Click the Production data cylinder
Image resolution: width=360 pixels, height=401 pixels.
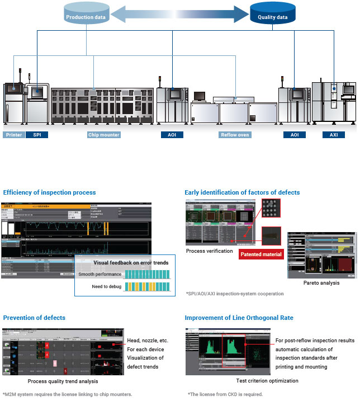tap(87, 16)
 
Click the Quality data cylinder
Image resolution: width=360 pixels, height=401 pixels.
tap(273, 16)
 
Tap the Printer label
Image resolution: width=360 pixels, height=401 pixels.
tap(13, 135)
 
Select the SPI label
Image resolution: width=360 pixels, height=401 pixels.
tap(37, 135)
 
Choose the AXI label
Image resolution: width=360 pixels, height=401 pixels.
tap(334, 135)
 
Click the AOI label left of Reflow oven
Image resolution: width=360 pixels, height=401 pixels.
tap(172, 135)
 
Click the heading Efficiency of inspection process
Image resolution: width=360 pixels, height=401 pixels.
tap(50, 192)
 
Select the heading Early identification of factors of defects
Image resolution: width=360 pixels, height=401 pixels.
tap(242, 192)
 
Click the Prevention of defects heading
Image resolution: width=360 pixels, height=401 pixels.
tap(34, 318)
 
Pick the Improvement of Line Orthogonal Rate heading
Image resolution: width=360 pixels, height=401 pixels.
tap(239, 318)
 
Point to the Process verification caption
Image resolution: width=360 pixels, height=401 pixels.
tap(210, 251)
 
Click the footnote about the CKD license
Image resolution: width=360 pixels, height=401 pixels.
tap(227, 394)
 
